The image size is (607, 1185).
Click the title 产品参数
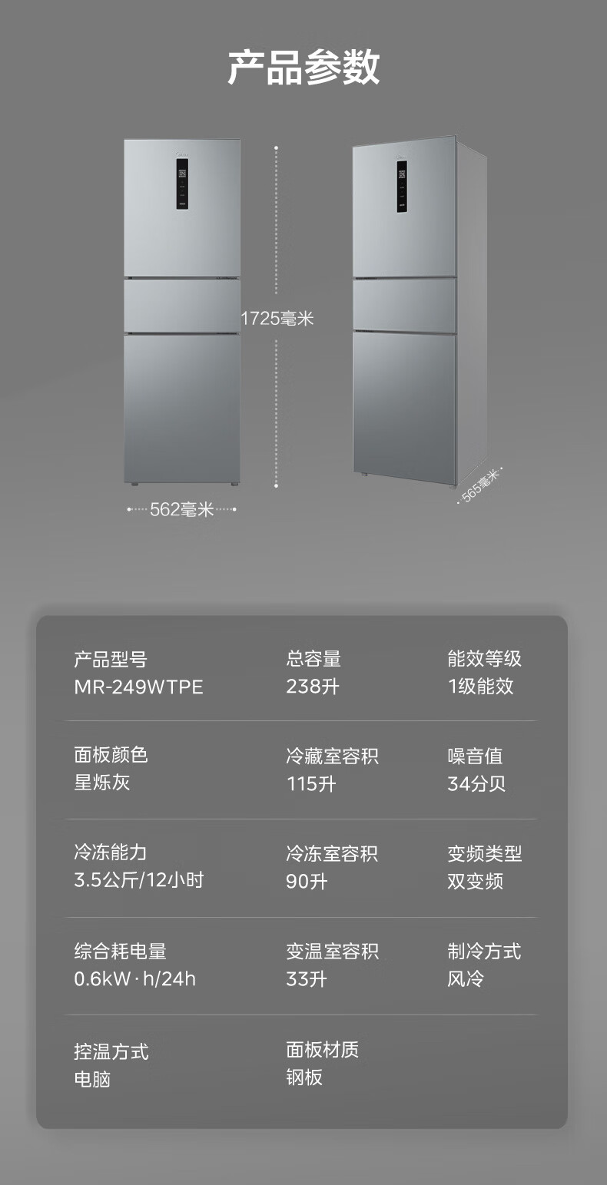(x=303, y=67)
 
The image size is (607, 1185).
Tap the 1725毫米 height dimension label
(x=277, y=319)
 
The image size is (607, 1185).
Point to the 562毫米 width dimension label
(x=182, y=509)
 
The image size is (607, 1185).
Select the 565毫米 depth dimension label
(x=480, y=485)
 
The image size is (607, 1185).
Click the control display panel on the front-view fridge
(x=182, y=184)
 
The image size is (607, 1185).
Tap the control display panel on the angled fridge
(x=402, y=186)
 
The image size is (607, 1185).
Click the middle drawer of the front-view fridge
(x=182, y=306)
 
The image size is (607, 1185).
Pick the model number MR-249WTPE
(x=138, y=687)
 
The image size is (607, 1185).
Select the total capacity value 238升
(x=312, y=687)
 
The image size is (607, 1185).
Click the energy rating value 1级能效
(x=480, y=686)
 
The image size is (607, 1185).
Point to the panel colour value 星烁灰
(x=102, y=783)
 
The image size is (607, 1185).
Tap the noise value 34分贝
(x=476, y=783)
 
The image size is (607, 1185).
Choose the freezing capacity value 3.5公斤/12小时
(x=139, y=880)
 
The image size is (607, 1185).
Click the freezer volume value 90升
(x=307, y=882)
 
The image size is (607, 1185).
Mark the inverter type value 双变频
(x=476, y=882)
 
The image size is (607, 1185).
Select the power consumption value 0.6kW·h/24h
(x=135, y=978)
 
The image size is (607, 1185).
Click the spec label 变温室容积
(x=333, y=952)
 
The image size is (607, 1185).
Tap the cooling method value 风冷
(x=466, y=978)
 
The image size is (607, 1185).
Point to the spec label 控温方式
(x=111, y=1051)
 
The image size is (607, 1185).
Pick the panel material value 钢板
(x=304, y=1077)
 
